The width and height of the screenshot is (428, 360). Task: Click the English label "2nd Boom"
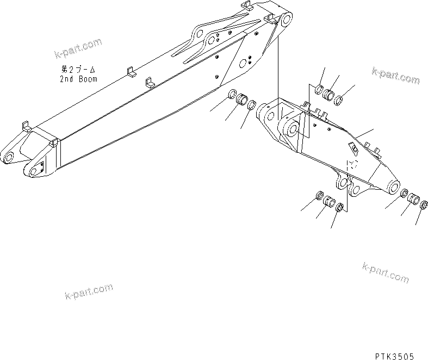point(79,79)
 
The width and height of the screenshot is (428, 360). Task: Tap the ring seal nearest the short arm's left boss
point(252,105)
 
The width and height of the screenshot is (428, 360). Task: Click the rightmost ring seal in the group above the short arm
point(339,100)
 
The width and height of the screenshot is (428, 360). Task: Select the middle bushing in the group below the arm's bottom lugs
point(329,202)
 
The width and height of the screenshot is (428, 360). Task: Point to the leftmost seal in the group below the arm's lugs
point(320,196)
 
